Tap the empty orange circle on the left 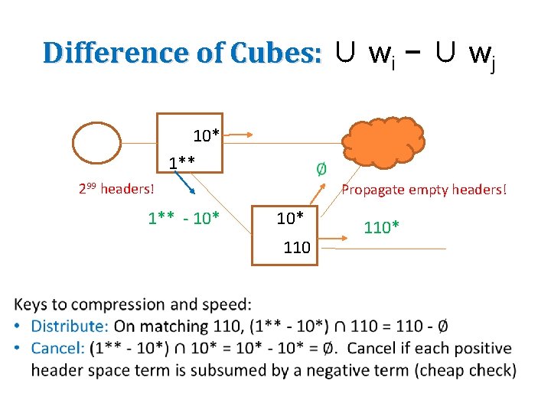(96, 143)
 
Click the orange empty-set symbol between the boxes (321, 168)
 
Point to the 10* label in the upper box (206, 136)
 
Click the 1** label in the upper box (182, 162)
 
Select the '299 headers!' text (116, 188)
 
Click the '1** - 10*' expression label (184, 219)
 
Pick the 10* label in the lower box (290, 219)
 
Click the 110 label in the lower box (296, 247)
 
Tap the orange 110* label (381, 227)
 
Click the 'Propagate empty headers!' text (424, 189)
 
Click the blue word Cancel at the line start (57, 349)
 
